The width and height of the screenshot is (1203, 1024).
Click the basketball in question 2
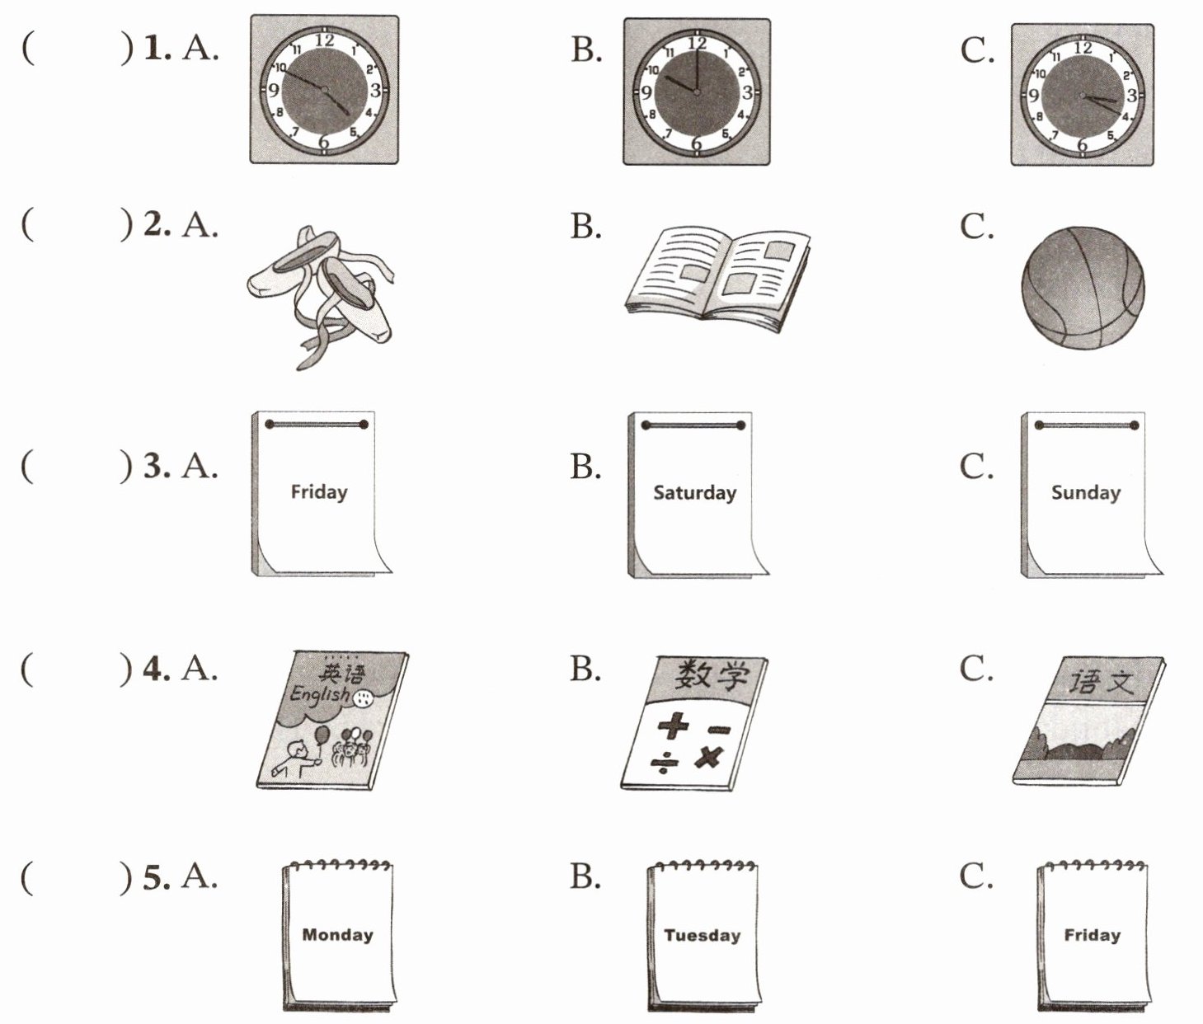tap(1083, 288)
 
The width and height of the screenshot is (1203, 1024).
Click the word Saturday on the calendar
tap(694, 493)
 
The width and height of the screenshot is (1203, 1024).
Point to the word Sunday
tap(1085, 493)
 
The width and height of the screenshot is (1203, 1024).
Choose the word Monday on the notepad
tap(337, 935)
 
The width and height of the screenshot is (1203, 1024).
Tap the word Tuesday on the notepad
tap(703, 936)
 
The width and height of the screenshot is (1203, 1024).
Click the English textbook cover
tap(331, 720)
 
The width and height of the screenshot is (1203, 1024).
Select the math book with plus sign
tap(694, 723)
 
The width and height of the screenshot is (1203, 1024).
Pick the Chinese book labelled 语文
tap(1088, 720)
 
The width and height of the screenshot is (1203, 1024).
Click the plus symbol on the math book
tap(673, 726)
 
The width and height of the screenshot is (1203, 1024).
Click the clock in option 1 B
tap(697, 92)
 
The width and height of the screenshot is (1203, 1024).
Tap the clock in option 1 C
tap(1083, 95)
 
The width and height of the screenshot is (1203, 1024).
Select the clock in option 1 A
tap(324, 89)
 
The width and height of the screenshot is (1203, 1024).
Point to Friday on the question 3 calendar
tap(319, 492)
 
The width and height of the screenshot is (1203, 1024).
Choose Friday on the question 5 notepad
tap(1092, 935)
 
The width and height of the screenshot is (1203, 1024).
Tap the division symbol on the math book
tap(664, 764)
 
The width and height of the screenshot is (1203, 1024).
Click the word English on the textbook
tap(319, 695)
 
